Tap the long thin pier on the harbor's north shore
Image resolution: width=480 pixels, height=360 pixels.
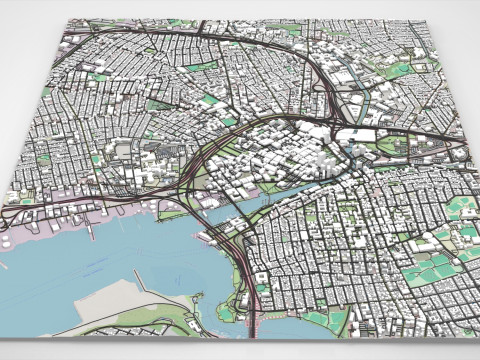(x=89, y=231)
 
